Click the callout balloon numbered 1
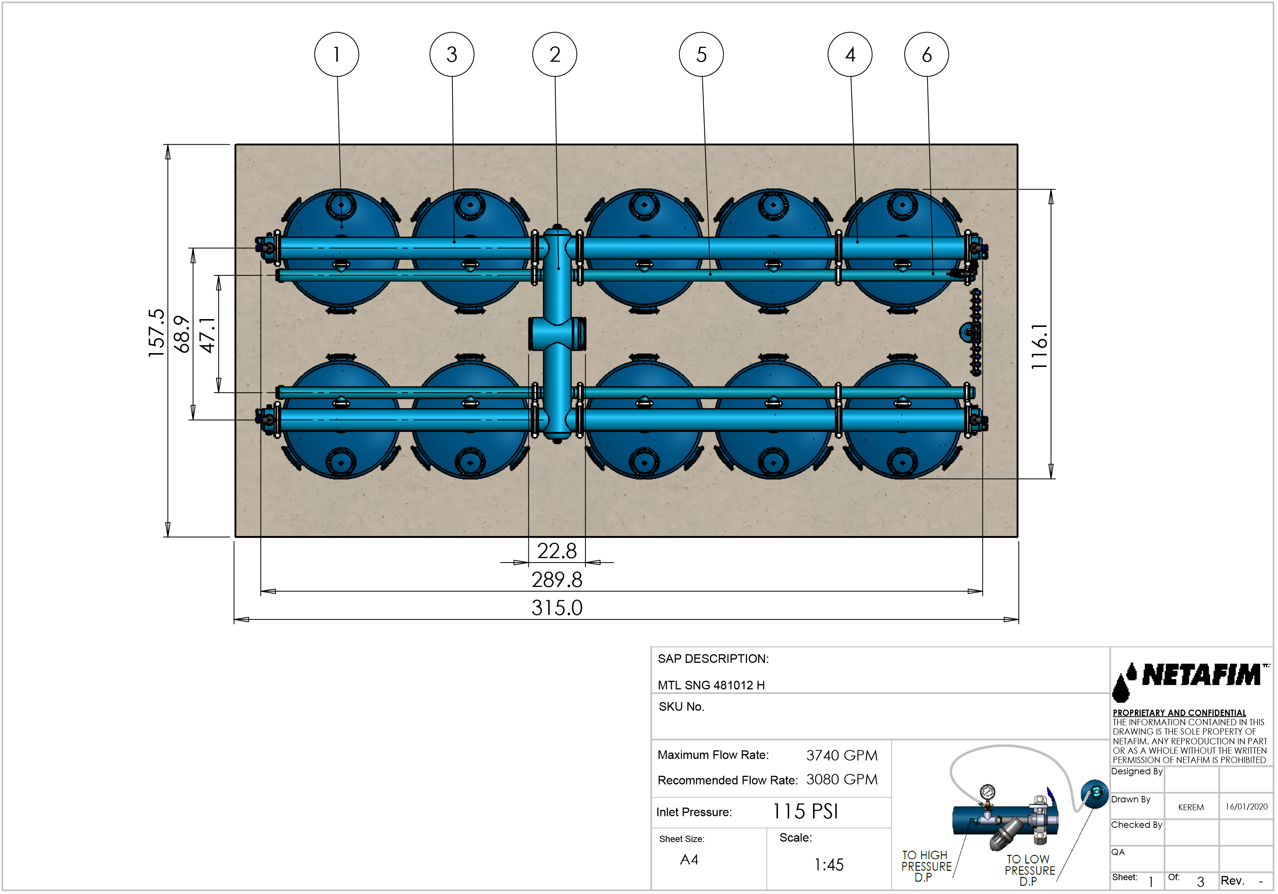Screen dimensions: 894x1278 (x=336, y=55)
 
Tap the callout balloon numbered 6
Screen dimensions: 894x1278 (x=926, y=55)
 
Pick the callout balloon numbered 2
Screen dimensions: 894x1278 (x=555, y=55)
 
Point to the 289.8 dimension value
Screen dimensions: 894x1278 (x=557, y=580)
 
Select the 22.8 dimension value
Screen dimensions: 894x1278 (x=557, y=551)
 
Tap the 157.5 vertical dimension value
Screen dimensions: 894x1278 (x=157, y=333)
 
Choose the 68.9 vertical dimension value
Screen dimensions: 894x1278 (x=182, y=334)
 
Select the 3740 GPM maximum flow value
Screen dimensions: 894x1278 (x=842, y=755)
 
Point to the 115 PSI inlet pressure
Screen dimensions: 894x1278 (x=805, y=812)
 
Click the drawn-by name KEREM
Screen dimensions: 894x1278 (x=1191, y=807)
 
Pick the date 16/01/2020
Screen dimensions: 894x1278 (x=1246, y=806)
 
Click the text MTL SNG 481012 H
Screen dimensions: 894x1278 (x=711, y=685)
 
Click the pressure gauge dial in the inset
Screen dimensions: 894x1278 (x=987, y=792)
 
